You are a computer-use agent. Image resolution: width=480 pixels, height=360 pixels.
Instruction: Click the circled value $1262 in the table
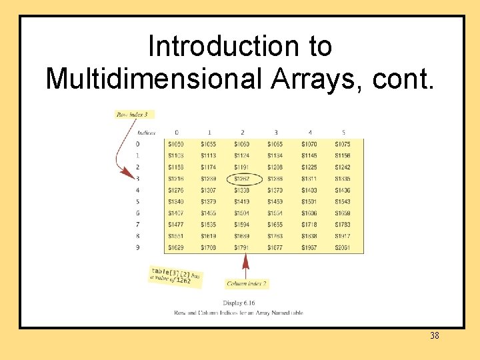coord(242,179)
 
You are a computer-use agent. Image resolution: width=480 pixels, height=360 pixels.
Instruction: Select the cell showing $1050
coord(176,144)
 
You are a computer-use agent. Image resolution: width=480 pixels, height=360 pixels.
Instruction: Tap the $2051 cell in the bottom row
coord(342,247)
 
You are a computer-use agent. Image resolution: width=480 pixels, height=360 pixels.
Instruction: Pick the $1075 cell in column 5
coord(342,144)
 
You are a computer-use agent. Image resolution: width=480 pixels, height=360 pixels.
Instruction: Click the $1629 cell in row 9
coord(176,247)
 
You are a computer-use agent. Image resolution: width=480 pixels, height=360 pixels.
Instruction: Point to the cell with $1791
coord(242,247)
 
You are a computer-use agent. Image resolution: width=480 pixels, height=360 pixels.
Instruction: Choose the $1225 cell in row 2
coord(309,167)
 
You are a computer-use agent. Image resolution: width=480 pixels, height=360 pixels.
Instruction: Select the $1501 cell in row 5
coord(309,202)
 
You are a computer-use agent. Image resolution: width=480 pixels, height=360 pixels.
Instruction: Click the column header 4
coord(309,133)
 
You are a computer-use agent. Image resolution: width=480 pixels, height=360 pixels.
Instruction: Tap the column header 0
coord(177,133)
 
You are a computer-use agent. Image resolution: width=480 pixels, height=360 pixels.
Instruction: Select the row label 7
coord(138,225)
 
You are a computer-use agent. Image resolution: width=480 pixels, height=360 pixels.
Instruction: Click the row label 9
coord(138,247)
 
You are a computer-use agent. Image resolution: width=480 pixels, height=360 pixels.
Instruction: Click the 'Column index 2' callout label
coord(247,283)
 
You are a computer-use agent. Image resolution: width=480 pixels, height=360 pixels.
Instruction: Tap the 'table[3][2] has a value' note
coord(175,277)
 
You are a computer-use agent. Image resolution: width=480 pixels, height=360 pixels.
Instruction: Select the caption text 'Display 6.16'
coord(239,303)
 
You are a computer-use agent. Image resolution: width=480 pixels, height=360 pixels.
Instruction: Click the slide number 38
coord(434,336)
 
